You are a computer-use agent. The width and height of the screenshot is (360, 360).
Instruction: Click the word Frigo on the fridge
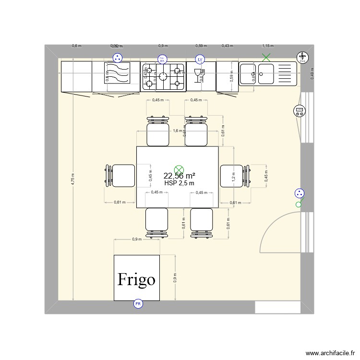tap(137, 279)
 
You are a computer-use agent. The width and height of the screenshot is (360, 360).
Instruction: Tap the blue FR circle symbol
tap(138, 303)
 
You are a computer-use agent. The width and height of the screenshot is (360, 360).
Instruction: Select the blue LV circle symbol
tap(200, 59)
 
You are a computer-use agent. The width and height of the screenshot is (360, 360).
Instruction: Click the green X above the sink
tap(266, 58)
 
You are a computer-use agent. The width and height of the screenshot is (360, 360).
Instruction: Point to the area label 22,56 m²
tap(179, 176)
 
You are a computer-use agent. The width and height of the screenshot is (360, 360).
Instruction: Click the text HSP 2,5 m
tap(179, 183)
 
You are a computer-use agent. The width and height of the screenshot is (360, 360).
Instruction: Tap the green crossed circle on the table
tap(179, 168)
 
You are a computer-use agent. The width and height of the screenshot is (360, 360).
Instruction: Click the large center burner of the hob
tap(163, 75)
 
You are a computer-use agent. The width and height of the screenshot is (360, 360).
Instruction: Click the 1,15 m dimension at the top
tap(267, 46)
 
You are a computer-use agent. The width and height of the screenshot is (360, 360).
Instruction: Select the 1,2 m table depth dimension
tap(234, 177)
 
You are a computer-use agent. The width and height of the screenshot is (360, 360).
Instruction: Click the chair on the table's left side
tap(120, 176)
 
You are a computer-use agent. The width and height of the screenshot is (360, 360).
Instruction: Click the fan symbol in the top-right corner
tap(302, 57)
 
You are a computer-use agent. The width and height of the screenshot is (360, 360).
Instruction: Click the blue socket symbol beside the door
tap(300, 193)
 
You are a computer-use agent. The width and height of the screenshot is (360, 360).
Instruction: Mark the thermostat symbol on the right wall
tap(300, 111)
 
